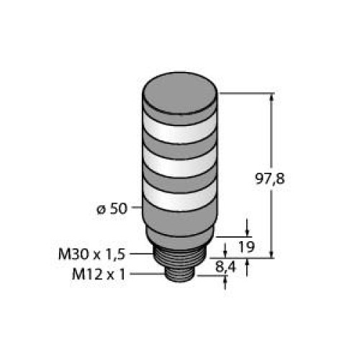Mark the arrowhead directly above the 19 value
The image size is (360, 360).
pyautogui.click(x=249, y=232)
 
